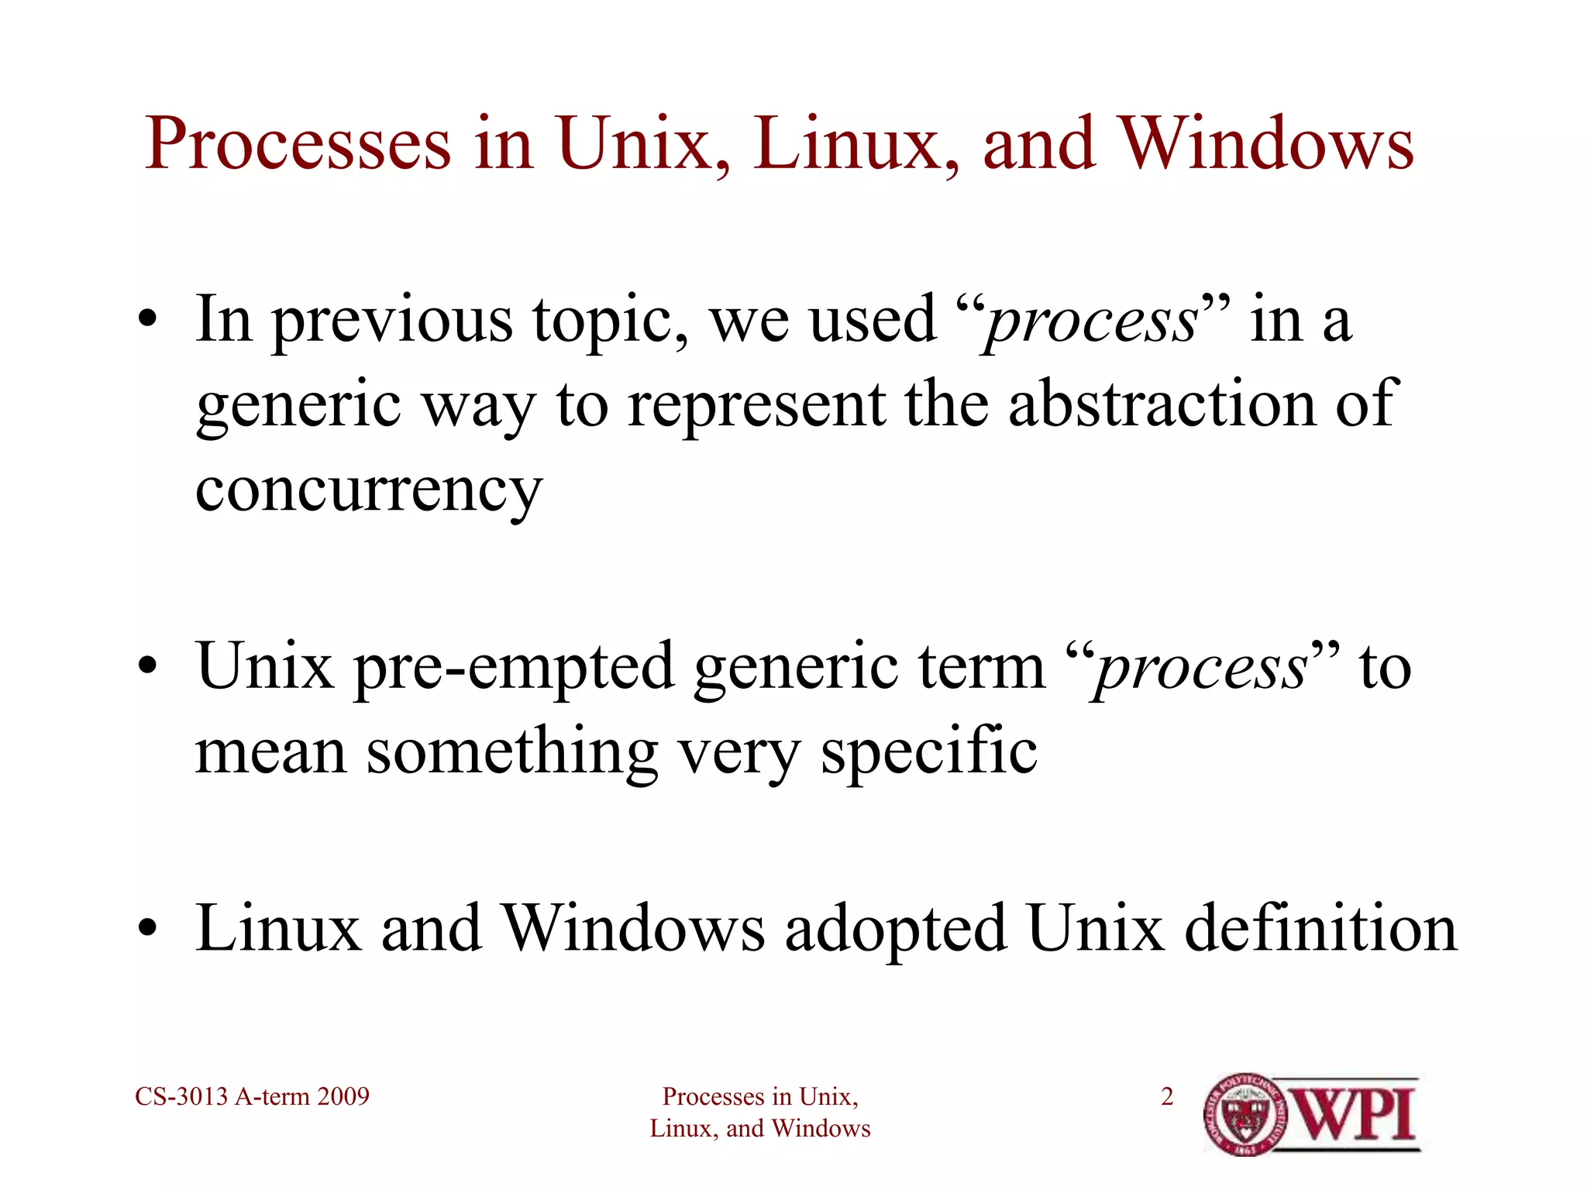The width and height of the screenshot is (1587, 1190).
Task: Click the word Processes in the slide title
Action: (x=298, y=145)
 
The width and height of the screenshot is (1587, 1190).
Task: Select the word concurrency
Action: (x=369, y=490)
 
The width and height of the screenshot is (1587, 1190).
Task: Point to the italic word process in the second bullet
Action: (x=1202, y=668)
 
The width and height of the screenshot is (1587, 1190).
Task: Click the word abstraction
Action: (x=1162, y=404)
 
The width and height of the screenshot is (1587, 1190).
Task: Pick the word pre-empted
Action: (x=513, y=668)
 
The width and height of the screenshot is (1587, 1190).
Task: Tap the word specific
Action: (x=928, y=751)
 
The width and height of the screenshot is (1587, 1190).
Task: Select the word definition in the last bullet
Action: (x=1320, y=929)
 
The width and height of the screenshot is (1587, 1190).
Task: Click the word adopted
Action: (x=895, y=929)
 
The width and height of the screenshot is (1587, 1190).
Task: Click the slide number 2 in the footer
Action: (x=1167, y=1096)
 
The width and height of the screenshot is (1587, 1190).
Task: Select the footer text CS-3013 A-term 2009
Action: (x=252, y=1096)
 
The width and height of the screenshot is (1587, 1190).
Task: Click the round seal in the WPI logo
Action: (x=1244, y=1115)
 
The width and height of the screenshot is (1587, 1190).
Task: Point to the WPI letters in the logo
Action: (x=1355, y=1114)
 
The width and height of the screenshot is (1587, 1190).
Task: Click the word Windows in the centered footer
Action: (x=821, y=1129)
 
